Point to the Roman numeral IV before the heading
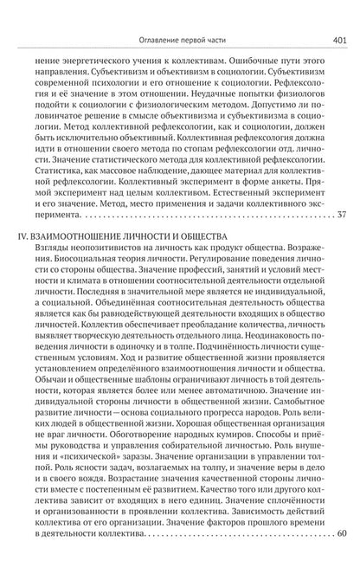click(28, 234)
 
